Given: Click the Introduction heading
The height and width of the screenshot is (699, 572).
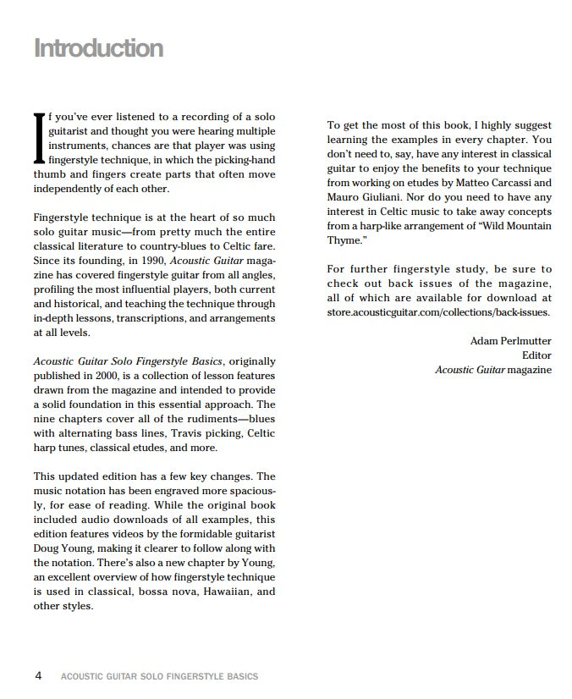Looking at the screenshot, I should coord(98,48).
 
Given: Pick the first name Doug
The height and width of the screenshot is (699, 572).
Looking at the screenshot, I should coord(47,548).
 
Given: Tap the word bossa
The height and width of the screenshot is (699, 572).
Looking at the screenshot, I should coord(167,591).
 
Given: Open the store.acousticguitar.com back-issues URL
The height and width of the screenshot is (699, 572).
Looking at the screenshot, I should coord(438,311).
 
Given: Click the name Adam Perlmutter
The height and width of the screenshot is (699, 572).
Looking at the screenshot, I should coord(510,341).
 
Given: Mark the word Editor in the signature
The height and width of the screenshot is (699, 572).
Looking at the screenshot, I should coord(536,355).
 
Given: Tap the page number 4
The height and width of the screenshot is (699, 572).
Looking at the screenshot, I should coord(39,675).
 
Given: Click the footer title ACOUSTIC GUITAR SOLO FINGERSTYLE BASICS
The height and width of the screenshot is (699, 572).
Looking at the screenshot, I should coord(160,676).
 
